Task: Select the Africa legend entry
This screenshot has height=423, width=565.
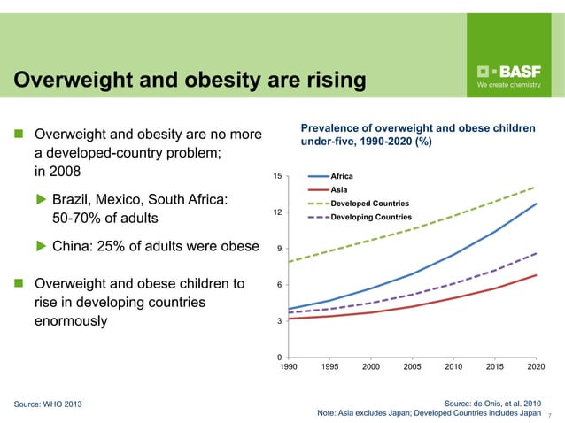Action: tap(342, 177)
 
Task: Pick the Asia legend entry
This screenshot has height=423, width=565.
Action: tap(338, 190)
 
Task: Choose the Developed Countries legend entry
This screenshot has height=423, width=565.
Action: tap(370, 204)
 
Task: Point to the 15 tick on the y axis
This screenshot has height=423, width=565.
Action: tap(277, 176)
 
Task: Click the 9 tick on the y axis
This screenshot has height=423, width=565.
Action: tap(280, 249)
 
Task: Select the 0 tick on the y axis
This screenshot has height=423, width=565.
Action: tap(280, 357)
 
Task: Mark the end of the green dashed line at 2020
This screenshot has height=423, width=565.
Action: tap(536, 187)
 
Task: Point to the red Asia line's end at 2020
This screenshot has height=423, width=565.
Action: tap(536, 275)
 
